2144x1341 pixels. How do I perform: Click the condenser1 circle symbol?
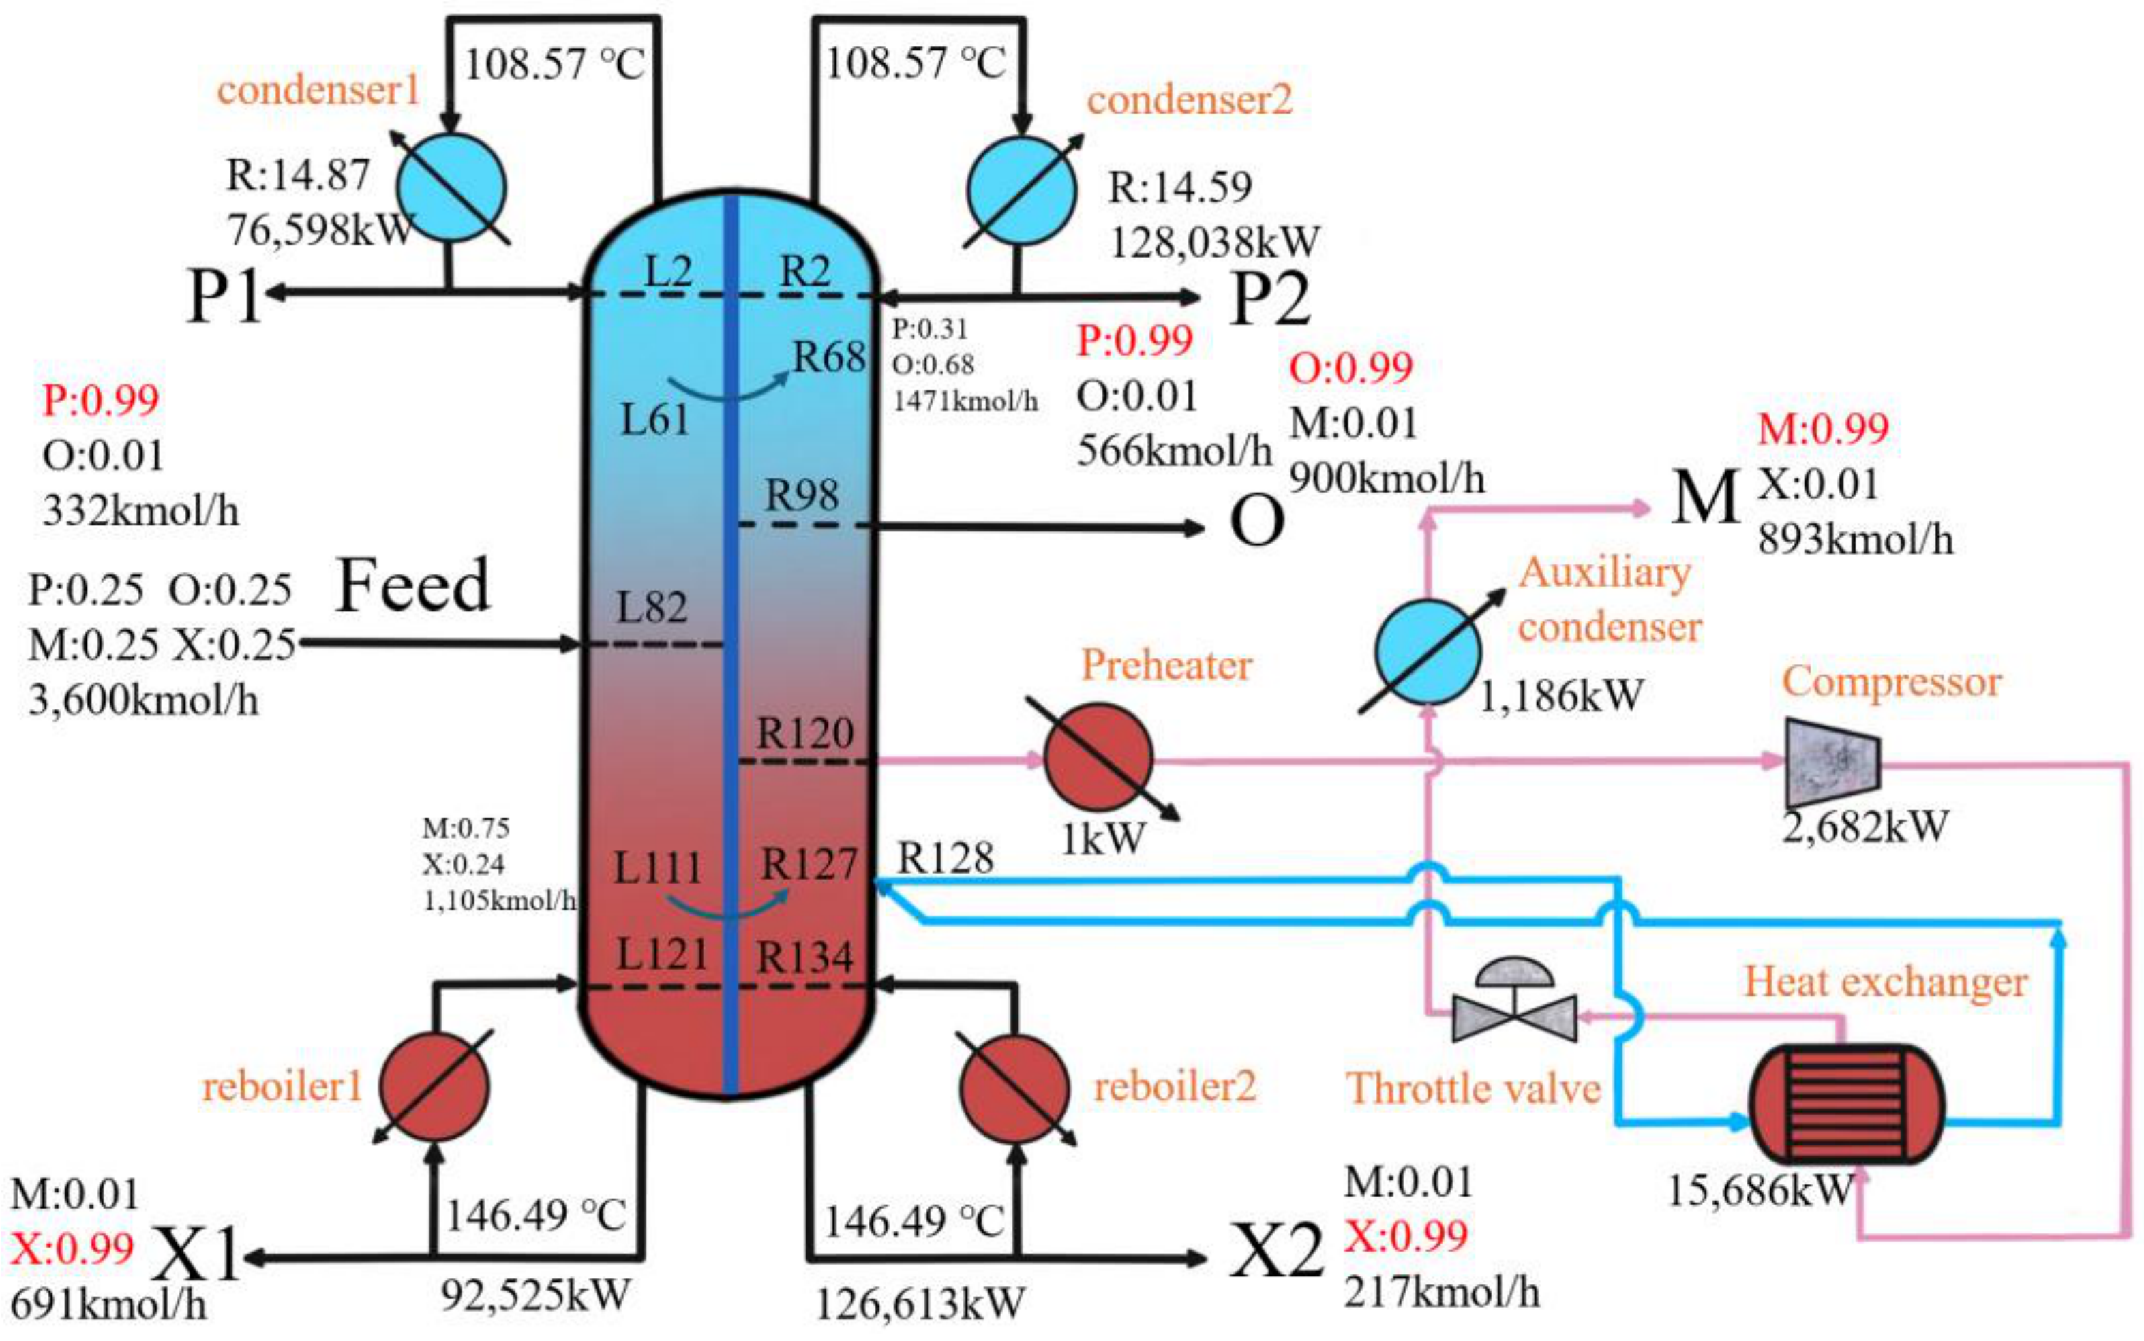(451, 188)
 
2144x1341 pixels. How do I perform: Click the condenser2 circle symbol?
(1021, 191)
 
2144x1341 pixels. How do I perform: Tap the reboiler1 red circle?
(434, 1086)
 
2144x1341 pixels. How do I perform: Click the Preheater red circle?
(1098, 758)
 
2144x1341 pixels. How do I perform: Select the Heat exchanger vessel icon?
(1846, 1103)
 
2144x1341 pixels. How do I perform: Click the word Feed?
(412, 585)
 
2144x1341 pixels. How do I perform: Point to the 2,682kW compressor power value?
(1864, 827)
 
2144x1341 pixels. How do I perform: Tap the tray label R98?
(802, 494)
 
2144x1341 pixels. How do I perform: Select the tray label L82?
(652, 608)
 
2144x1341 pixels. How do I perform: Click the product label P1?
(224, 296)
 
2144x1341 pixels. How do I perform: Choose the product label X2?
(1275, 1252)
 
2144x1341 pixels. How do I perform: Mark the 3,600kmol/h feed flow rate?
(144, 700)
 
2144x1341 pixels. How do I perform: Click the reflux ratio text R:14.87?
(297, 174)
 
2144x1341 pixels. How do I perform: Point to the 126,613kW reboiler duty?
(920, 1304)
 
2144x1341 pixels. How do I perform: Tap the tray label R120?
(805, 733)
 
